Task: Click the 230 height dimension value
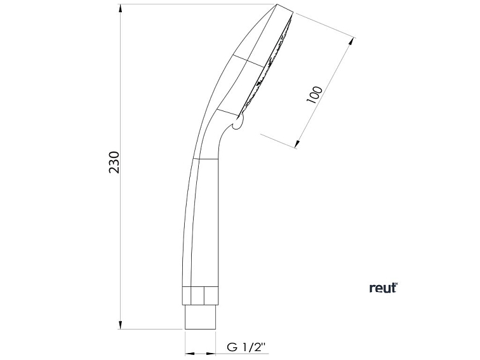114,164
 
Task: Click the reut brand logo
383,288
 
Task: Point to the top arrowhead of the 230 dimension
121,8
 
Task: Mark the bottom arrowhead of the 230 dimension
121,325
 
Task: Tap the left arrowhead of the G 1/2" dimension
188,352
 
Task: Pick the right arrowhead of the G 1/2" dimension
215,352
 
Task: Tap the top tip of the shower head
277,6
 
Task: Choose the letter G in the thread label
232,348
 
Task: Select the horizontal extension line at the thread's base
152,329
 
